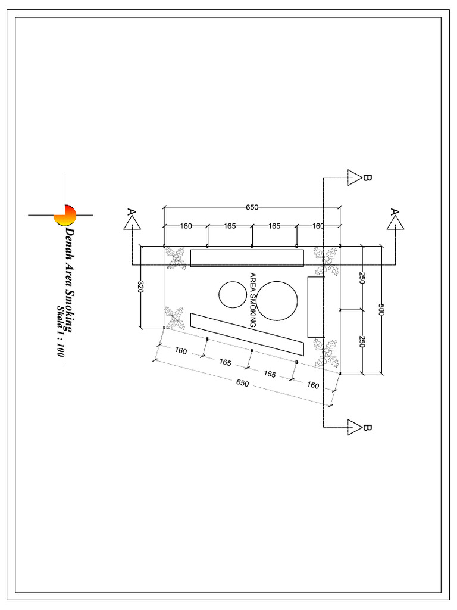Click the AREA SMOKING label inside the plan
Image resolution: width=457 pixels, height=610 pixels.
coord(252,300)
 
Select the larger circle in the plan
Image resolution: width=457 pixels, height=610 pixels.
coord(277,300)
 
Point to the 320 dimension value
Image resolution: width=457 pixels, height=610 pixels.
coord(140,287)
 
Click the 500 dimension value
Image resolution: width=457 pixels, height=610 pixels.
coord(381,310)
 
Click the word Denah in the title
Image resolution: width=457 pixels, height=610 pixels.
coord(70,241)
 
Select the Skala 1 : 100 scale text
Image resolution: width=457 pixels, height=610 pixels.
coord(60,331)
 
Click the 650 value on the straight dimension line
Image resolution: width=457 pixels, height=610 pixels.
coord(252,207)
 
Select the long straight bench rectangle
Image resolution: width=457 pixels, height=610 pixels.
coord(247,258)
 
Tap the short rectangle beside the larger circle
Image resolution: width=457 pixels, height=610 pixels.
coord(316,307)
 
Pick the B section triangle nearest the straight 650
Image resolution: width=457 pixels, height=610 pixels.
coord(355,177)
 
